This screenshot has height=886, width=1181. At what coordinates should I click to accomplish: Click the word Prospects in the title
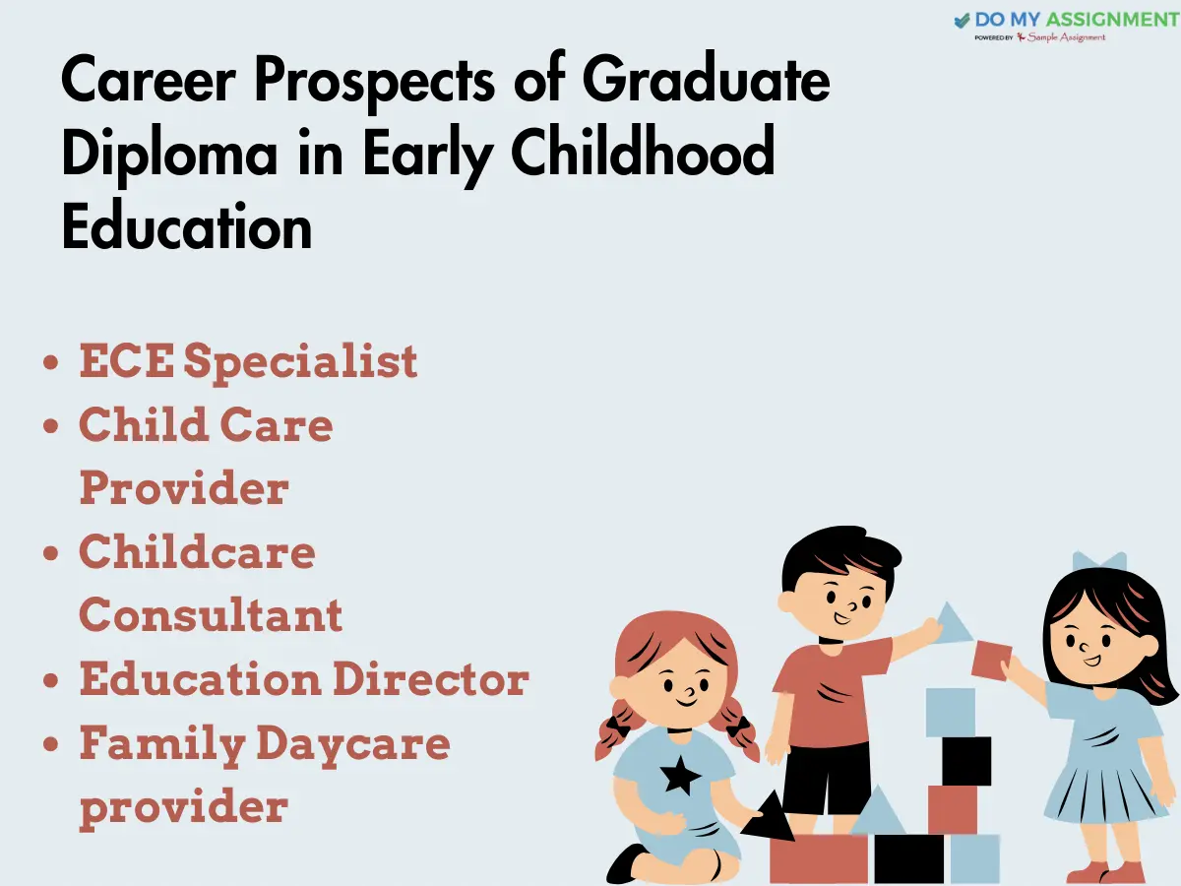point(374,82)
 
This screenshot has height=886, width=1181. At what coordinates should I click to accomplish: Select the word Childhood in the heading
point(643,150)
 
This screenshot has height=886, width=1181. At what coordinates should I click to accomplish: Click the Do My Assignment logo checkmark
point(962,21)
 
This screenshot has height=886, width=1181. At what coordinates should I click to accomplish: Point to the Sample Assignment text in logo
point(1066,37)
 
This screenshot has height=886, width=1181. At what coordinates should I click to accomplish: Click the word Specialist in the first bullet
point(300,362)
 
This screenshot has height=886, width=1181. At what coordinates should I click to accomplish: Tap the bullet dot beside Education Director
point(50,680)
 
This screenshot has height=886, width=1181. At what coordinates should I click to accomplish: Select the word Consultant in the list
point(211,613)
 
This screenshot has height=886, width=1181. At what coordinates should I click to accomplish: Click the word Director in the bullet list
point(431,678)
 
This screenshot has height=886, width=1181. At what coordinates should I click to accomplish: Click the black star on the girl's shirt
point(680,775)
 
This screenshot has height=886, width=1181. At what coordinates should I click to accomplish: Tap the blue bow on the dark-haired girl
point(1099,561)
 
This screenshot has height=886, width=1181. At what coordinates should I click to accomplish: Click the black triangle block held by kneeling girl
point(770,817)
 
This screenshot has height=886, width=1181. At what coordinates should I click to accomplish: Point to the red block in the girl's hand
point(991,661)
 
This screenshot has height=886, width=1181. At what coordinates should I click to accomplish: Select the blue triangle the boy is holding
point(953,623)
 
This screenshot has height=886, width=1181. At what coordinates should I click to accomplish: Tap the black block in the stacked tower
point(966,761)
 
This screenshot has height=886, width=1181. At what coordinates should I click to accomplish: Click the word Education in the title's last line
point(187,227)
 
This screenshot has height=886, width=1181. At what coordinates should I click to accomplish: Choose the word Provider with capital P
point(184,488)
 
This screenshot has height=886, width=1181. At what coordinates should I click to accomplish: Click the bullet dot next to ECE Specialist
point(50,362)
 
